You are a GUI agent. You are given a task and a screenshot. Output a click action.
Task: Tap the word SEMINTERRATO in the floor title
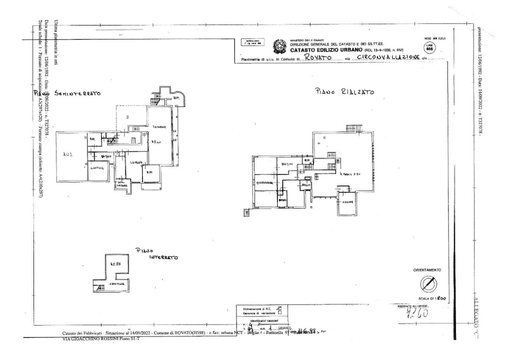coord(81,93)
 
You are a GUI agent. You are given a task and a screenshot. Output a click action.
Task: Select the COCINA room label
coord(348,201)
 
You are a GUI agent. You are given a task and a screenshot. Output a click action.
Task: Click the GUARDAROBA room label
coord(264,183)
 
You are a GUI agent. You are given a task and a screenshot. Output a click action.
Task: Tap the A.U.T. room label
coord(68,155)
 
